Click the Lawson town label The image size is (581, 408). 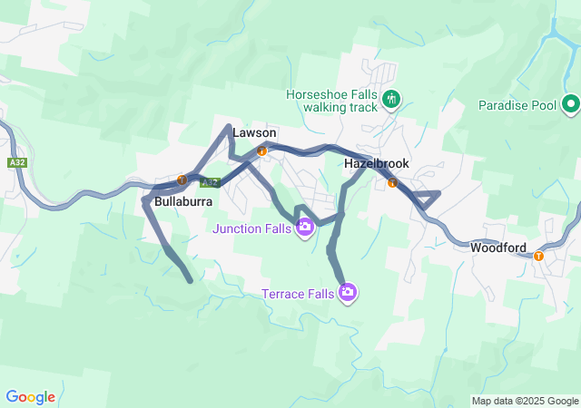254,132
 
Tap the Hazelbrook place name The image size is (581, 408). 377,163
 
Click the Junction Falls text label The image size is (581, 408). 252,228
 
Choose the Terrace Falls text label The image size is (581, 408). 298,293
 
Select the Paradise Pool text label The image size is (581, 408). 517,105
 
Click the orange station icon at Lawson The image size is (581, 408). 261,151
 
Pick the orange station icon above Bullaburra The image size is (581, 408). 182,180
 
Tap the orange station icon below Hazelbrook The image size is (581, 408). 392,182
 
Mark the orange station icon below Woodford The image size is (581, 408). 538,256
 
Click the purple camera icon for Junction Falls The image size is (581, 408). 306,227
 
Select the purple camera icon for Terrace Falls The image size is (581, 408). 348,292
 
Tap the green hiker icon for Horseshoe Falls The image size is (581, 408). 391,98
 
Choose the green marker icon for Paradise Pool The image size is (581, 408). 571,104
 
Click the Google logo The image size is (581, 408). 30,396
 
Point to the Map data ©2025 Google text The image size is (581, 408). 525,401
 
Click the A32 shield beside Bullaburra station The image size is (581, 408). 210,181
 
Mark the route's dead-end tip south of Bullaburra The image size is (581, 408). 190,281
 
